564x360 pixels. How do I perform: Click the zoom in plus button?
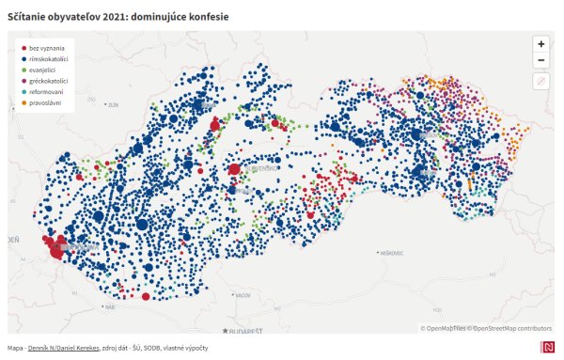click(540, 43)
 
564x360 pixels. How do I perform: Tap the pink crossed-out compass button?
click(540, 82)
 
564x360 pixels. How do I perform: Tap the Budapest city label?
click(246, 331)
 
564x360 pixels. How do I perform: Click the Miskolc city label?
click(391, 253)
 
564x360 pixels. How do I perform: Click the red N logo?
click(546, 348)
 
